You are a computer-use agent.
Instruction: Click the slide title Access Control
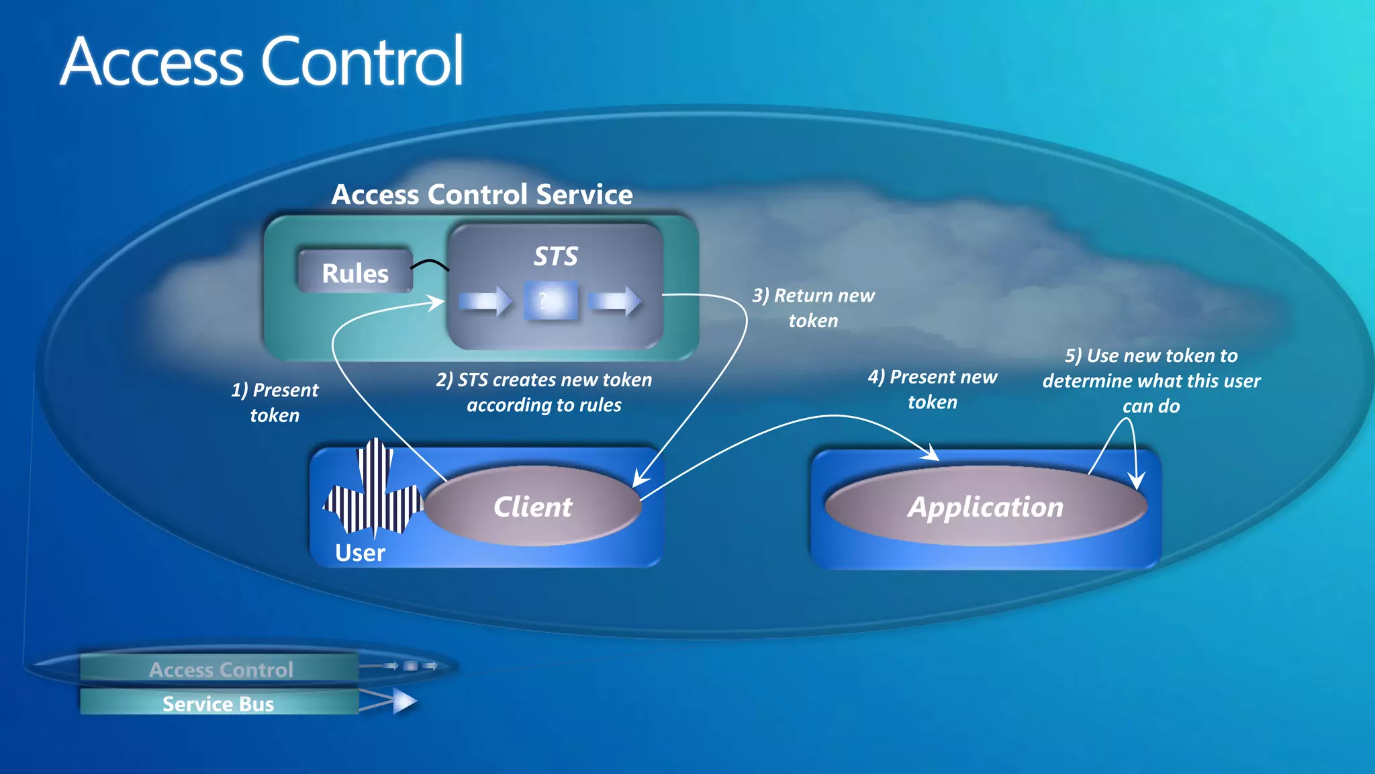click(262, 62)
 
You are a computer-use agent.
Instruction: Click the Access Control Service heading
click(481, 195)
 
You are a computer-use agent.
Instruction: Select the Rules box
click(354, 272)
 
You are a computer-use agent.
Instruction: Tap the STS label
click(555, 256)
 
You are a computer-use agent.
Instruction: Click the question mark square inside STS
click(551, 301)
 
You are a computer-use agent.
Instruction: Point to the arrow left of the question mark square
click(485, 300)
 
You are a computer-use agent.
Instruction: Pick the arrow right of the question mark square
click(615, 300)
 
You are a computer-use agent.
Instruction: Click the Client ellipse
click(533, 506)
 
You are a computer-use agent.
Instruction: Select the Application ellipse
click(985, 507)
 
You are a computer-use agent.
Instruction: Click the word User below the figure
click(360, 553)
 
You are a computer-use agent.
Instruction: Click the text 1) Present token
click(275, 402)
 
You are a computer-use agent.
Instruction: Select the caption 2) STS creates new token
click(544, 392)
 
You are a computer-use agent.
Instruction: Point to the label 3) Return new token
click(813, 308)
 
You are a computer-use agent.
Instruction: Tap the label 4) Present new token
click(932, 389)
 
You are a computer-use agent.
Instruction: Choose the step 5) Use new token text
click(1151, 380)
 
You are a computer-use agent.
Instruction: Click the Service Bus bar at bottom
click(218, 703)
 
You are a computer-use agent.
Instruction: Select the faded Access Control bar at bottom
click(220, 669)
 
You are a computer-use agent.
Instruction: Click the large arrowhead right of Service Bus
click(404, 701)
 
